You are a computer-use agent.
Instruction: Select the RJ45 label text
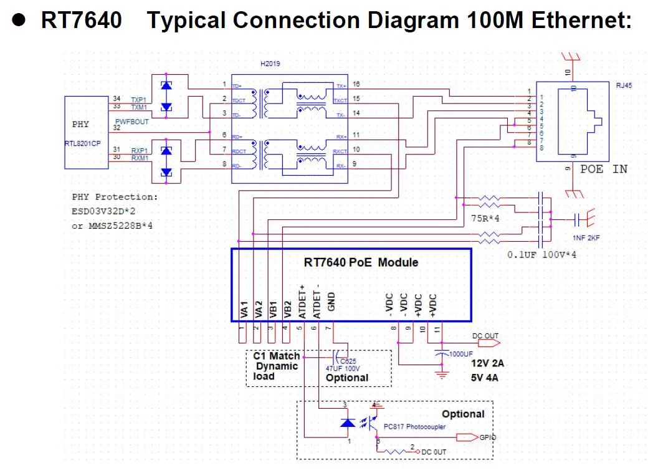(x=624, y=86)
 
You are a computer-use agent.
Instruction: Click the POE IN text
(x=604, y=169)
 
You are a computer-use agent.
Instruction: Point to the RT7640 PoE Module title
(x=361, y=262)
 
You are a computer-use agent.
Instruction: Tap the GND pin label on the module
(x=331, y=302)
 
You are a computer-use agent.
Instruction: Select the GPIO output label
(x=488, y=437)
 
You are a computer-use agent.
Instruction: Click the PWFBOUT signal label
(x=132, y=122)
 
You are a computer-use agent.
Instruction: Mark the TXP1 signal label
(x=138, y=100)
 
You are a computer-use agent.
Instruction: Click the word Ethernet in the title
(x=581, y=21)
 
